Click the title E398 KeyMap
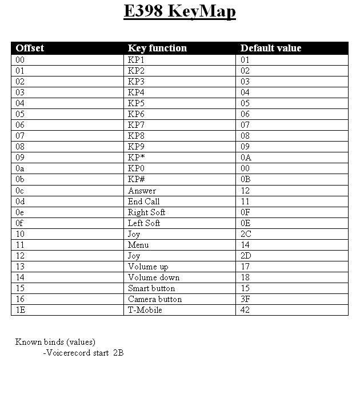pos(179,12)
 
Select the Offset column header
pos(30,48)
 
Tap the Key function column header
pos(157,48)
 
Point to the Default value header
pos(270,48)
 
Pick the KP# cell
pos(137,179)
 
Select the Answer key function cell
pos(142,191)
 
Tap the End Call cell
pos(143,202)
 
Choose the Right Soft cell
pos(146,212)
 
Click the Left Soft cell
pos(144,223)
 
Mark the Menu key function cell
pos(138,245)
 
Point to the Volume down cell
pos(154,277)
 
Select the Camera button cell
pos(155,299)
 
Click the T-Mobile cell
pos(145,310)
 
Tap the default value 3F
pos(245,299)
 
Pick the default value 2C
pos(246,234)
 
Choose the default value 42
pos(245,310)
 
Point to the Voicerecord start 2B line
pos(83,353)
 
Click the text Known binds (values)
pos(55,342)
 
